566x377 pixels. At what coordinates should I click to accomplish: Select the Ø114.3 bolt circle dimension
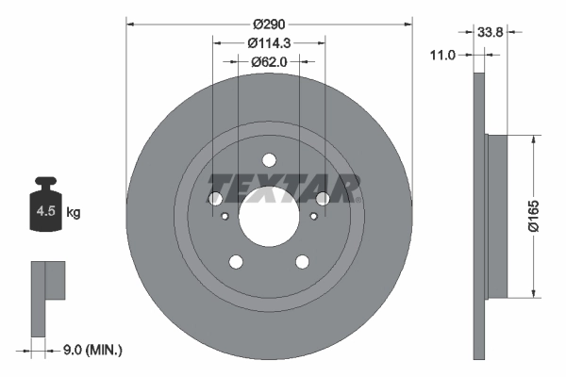point(269,42)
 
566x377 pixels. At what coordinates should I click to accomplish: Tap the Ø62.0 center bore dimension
point(269,61)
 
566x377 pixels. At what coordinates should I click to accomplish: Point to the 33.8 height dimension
point(489,31)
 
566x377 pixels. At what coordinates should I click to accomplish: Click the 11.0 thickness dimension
point(442,56)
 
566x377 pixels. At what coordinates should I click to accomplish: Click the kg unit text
point(74,213)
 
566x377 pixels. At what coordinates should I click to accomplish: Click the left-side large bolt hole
point(214,199)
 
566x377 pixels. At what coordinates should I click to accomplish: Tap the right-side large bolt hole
point(324,199)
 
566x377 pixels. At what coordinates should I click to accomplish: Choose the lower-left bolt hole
point(236,263)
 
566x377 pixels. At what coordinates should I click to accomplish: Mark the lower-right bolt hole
point(303,263)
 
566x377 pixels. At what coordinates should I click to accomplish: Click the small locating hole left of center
point(225,217)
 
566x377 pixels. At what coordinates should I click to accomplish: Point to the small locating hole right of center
point(313,217)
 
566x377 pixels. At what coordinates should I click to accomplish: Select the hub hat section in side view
point(496,215)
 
